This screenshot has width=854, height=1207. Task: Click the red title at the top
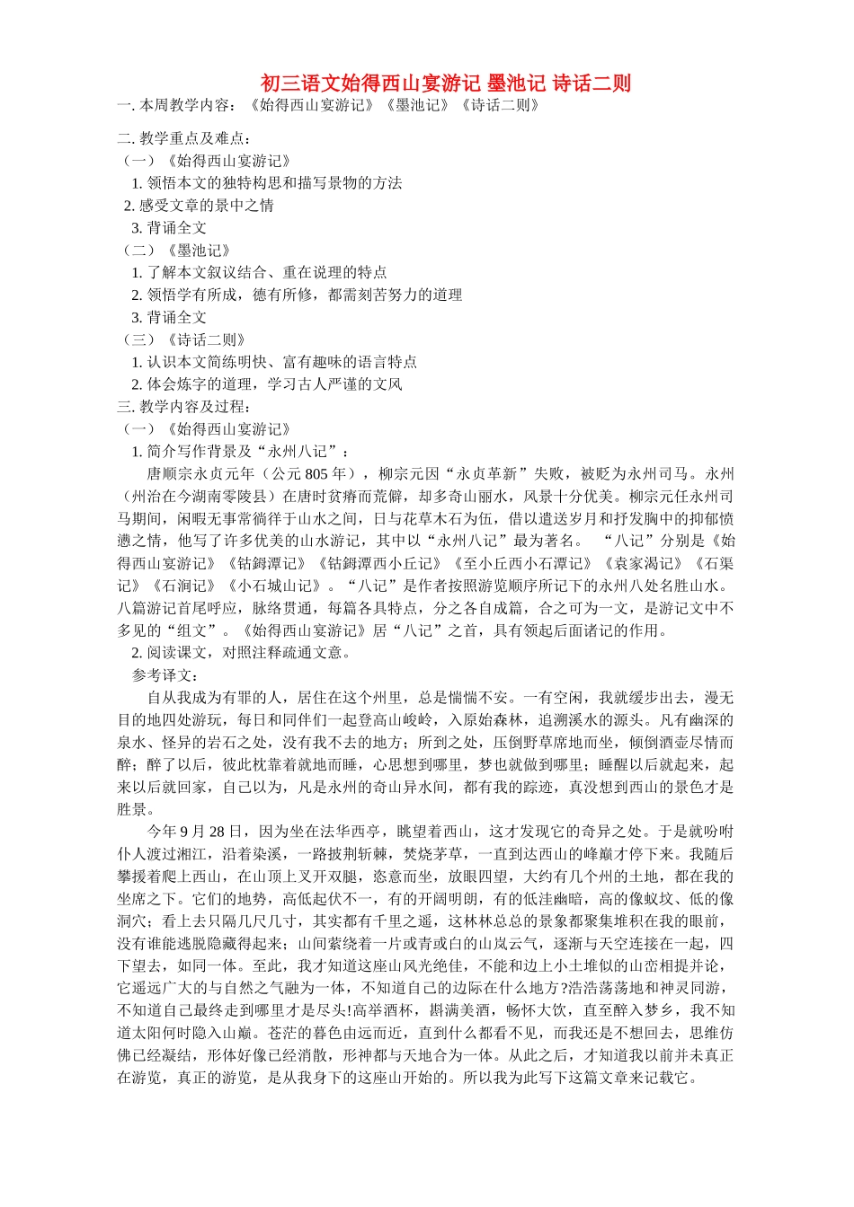(446, 84)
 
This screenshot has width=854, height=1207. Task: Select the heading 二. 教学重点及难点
(184, 138)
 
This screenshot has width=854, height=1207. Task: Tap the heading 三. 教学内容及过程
(184, 407)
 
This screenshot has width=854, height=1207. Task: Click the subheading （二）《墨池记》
(176, 251)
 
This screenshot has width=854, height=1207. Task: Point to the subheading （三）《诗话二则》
(183, 339)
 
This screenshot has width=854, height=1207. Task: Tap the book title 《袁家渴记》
(644, 564)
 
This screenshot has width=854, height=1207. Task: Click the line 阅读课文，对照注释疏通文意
(247, 653)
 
